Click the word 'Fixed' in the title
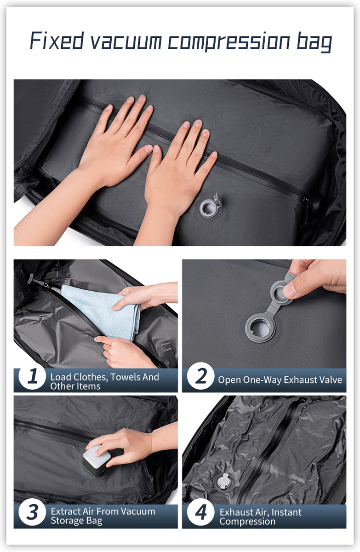click(57, 40)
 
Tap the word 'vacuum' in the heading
click(126, 41)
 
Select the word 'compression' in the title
click(229, 42)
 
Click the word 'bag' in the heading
click(314, 42)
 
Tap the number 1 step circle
click(32, 376)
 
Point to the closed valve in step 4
click(224, 482)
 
